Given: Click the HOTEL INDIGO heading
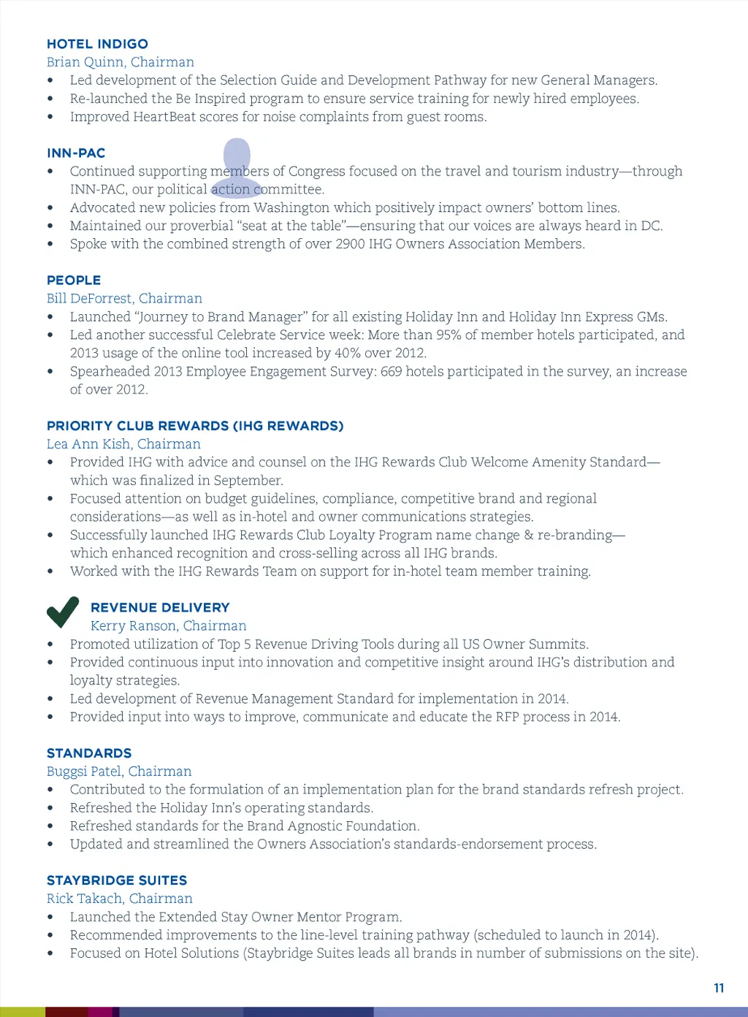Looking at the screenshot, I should point(97,44).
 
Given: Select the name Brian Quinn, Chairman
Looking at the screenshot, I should point(121,62).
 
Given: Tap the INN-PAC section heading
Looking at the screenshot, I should point(76,153).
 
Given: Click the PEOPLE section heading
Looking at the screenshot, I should point(74,280).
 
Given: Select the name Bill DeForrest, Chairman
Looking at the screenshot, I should point(124,298).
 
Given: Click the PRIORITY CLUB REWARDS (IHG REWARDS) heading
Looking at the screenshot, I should point(195,425).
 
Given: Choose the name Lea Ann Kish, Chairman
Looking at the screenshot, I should point(123,444).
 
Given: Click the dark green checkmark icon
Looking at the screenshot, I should point(63,612).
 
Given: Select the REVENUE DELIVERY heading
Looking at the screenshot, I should point(160,607).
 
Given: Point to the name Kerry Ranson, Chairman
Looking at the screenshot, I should point(169,625).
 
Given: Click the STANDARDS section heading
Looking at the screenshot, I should point(89,753).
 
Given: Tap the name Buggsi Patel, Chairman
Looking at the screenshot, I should point(119,772).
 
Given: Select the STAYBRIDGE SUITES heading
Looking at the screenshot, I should point(117,880).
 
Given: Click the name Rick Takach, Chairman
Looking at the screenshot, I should point(120,899).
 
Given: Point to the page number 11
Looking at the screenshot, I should point(719,988).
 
